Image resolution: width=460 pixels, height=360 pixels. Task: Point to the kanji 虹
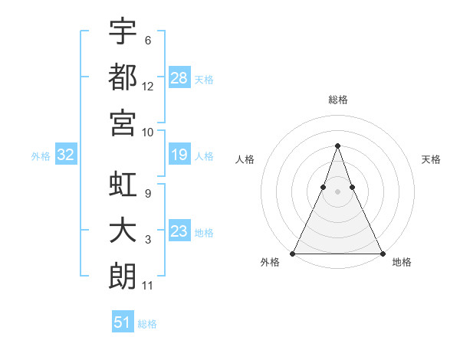(123, 186)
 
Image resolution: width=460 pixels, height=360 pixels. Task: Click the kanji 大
(123, 231)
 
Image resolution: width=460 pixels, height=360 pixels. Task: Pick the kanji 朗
(123, 276)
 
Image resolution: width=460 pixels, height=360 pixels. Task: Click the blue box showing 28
(179, 77)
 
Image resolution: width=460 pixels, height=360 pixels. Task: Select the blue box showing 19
(179, 155)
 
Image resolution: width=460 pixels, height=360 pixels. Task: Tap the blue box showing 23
(179, 231)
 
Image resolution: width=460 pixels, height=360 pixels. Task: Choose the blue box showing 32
(66, 155)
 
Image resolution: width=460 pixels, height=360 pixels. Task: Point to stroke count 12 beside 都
(148, 87)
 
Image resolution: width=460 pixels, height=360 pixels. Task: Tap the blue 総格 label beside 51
(147, 324)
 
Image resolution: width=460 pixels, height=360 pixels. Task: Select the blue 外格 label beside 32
(41, 156)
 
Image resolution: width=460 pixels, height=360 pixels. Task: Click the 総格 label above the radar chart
(338, 100)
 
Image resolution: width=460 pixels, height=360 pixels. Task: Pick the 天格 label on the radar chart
(432, 159)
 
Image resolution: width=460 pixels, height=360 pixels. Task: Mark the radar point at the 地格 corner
(382, 253)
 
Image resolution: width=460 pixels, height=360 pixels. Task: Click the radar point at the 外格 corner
(294, 253)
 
